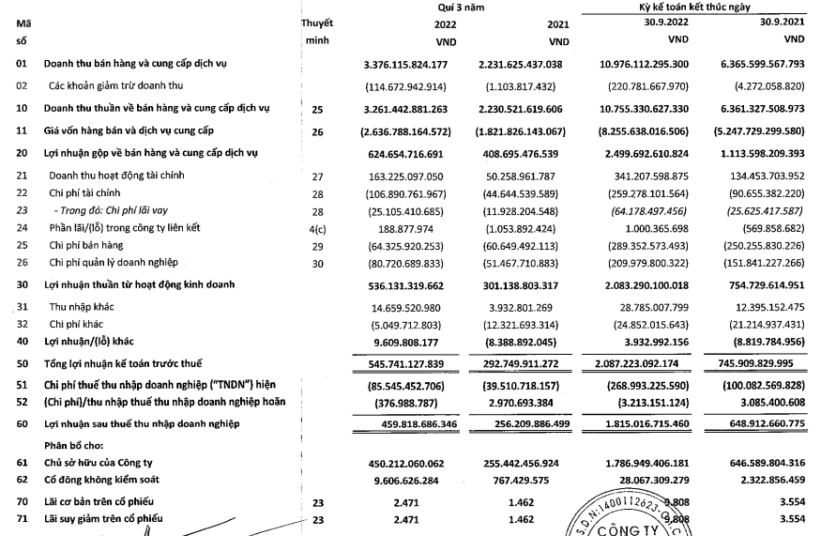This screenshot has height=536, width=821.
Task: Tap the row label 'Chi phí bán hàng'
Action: [90, 244]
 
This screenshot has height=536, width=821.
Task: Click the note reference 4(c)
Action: [316, 227]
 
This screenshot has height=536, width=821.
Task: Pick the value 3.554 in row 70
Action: [787, 500]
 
